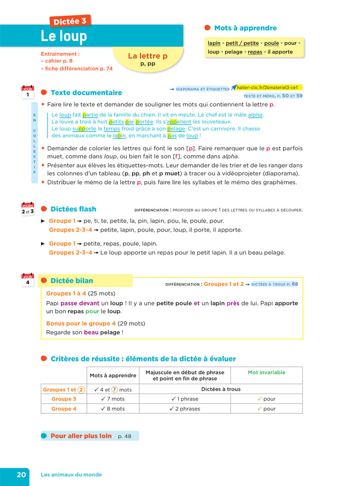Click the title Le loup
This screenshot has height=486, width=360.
pyautogui.click(x=64, y=37)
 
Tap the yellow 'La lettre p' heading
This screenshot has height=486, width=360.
pyautogui.click(x=148, y=56)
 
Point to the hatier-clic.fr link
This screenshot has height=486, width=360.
pyautogui.click(x=267, y=87)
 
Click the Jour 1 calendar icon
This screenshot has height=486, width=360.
pyautogui.click(x=28, y=93)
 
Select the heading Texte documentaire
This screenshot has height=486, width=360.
pyautogui.click(x=86, y=93)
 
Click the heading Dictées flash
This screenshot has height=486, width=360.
pyautogui.click(x=73, y=209)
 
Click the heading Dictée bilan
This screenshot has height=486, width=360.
pyautogui.click(x=71, y=281)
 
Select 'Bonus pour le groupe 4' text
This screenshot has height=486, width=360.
pyautogui.click(x=81, y=323)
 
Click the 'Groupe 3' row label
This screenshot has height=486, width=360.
pyautogui.click(x=64, y=399)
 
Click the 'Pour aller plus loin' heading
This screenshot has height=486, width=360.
pyautogui.click(x=81, y=436)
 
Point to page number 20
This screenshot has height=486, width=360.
pyautogui.click(x=21, y=475)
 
